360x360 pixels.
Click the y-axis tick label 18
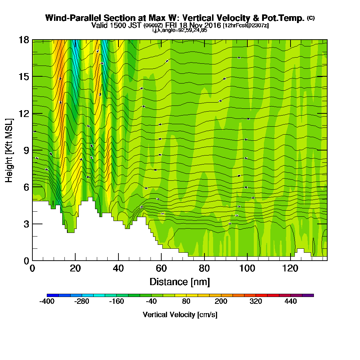pos(24,40)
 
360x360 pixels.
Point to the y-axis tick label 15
pos(24,77)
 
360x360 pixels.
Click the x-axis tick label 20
pos(75,269)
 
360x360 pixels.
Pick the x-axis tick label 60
pos(161,269)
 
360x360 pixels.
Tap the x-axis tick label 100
pos(247,269)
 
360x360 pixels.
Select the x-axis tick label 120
pos(291,269)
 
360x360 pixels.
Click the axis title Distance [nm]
pos(180,282)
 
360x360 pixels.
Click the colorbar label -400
pos(46,301)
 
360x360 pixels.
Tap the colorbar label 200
pos(221,301)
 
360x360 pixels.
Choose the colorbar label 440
pos(291,301)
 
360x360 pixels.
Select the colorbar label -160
pos(116,301)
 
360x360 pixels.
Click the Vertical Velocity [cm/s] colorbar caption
pos(180,315)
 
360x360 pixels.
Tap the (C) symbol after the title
pos(311,18)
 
